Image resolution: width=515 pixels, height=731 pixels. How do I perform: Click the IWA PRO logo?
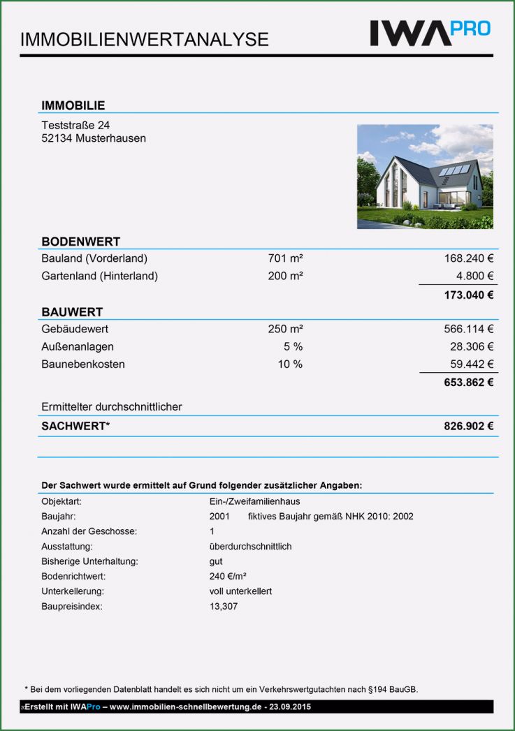coord(430,32)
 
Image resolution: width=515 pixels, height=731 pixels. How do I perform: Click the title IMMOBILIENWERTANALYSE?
coord(145,39)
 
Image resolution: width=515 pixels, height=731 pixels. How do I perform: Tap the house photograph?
coord(425,177)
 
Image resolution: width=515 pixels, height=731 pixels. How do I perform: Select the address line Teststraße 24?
coord(75,125)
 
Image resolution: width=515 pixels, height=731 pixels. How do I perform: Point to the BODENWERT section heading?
coord(80,242)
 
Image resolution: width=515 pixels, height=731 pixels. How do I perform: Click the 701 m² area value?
coord(285,259)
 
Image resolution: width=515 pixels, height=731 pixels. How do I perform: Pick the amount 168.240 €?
coord(469,259)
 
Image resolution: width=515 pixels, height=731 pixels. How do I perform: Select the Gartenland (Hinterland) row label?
coord(99,276)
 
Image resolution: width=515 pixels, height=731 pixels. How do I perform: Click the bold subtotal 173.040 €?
coord(469,295)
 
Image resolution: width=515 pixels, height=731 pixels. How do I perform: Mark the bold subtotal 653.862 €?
coord(469,382)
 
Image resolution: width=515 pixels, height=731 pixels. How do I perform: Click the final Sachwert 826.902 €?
coord(469,426)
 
